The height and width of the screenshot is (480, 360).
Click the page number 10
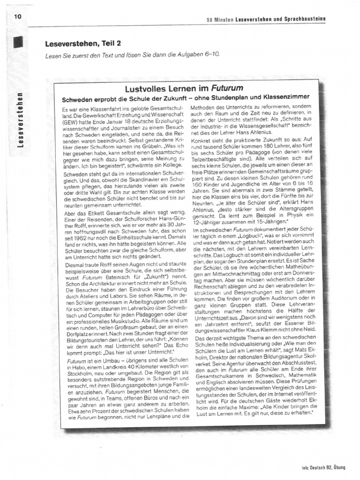(18, 16)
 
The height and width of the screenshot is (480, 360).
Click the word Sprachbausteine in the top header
(302, 19)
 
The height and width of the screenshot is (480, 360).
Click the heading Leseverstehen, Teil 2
(83, 44)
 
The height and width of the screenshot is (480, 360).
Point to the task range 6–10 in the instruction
(209, 55)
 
